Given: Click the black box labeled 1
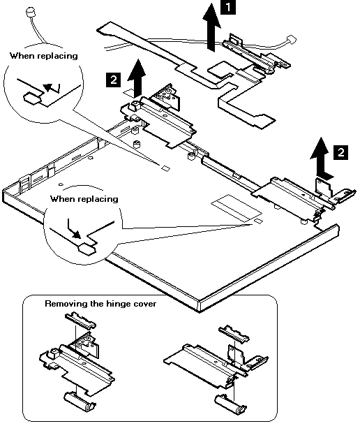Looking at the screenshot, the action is click(228, 7).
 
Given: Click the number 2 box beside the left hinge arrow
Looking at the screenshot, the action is click(113, 80).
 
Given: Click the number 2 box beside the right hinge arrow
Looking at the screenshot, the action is click(340, 152).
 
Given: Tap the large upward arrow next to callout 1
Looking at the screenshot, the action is click(211, 27).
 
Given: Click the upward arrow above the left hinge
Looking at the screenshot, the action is click(137, 78).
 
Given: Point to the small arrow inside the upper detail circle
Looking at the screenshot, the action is click(52, 88).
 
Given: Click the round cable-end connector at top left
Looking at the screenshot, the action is click(30, 12).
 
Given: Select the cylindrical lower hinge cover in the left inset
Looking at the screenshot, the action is click(80, 400).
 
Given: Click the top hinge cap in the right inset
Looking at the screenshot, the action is click(234, 333).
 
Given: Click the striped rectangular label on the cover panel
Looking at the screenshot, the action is click(237, 207).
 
